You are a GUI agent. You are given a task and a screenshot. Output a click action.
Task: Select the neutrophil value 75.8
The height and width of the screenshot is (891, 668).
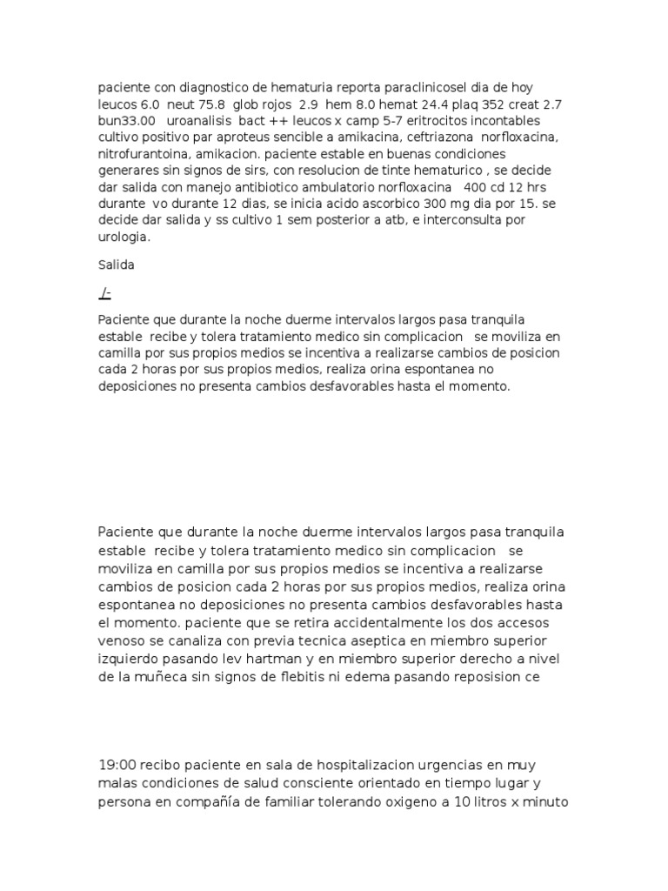click(194, 104)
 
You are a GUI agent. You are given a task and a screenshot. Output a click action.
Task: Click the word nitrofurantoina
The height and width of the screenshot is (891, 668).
click(143, 153)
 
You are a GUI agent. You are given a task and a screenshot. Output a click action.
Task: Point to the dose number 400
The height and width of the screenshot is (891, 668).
click(478, 186)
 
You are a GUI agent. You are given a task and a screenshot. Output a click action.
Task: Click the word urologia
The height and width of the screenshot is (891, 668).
click(124, 236)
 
